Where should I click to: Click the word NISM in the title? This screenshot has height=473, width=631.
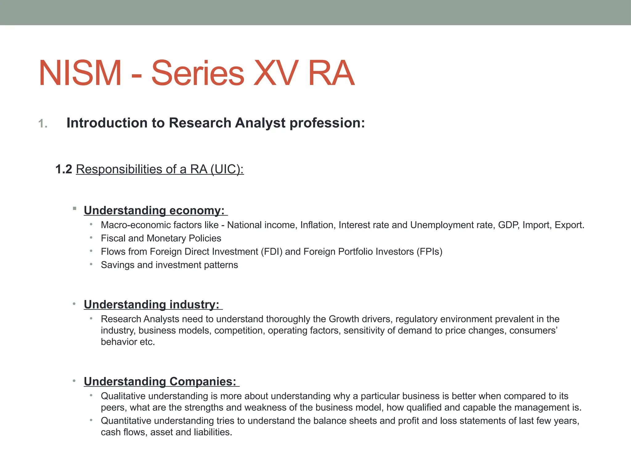pos(80,73)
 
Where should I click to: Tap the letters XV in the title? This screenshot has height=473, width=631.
pos(276,73)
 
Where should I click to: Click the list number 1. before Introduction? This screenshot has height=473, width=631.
pos(43,124)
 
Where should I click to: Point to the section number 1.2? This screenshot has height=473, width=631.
pos(64,169)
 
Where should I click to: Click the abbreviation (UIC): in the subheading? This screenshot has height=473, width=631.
pos(227,169)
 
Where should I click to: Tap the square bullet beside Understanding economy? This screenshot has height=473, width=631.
pos(75,209)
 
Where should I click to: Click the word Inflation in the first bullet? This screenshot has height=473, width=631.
pos(317,225)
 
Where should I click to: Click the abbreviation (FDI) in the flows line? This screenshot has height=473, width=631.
pos(271,252)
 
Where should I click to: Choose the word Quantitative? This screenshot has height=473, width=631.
pos(126,421)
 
